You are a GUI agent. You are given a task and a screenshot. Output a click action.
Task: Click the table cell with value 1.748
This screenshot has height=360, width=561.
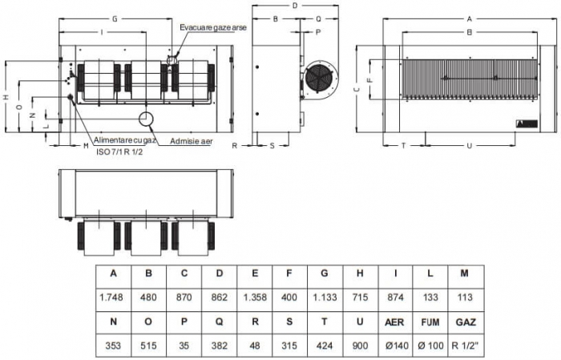point(113,297)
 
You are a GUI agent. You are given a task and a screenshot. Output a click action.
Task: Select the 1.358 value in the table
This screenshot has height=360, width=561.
point(254,297)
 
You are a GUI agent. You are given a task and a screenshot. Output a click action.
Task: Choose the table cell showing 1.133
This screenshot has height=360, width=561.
point(325,297)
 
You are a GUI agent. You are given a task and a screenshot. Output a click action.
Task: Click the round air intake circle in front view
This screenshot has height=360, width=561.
point(147,119)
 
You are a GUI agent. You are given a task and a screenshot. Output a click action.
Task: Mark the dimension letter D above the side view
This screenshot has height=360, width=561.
point(295,6)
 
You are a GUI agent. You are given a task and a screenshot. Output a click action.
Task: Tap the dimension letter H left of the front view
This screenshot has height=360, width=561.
point(6,98)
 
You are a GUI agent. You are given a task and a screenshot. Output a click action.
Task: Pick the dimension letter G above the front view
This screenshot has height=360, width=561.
point(115,17)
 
